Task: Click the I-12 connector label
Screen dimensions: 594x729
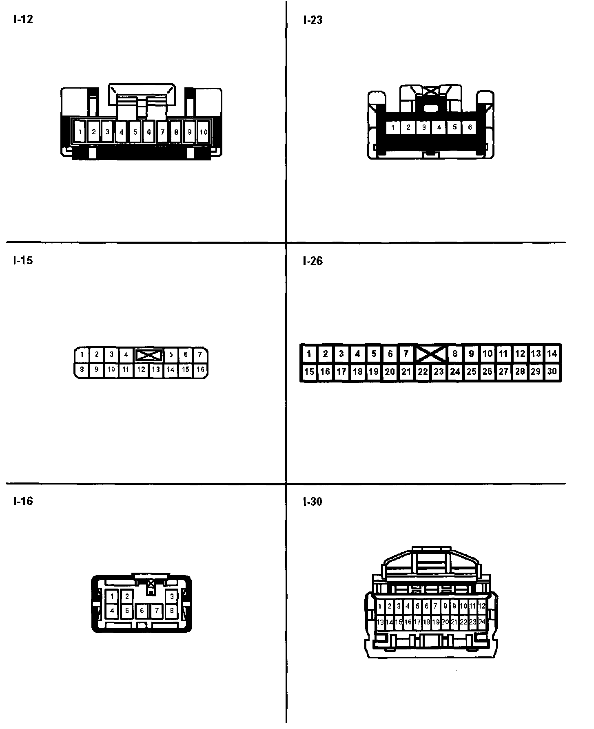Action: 23,20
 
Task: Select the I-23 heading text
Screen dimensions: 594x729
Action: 313,20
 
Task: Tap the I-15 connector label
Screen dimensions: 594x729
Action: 23,260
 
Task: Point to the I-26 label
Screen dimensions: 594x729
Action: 313,261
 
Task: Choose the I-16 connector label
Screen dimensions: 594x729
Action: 23,501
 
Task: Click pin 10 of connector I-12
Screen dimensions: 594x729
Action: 203,132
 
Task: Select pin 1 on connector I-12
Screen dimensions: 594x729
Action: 80,132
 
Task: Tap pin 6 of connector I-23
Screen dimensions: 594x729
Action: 470,127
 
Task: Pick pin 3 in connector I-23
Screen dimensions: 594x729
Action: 424,127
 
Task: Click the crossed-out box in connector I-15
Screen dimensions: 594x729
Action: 148,355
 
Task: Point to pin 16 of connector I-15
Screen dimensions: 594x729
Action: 200,370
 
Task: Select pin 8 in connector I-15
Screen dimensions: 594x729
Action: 82,370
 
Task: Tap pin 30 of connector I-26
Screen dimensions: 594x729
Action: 552,371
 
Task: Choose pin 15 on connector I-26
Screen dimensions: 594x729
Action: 309,371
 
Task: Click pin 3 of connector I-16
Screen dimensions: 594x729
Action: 172,596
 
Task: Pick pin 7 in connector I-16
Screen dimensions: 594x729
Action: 157,611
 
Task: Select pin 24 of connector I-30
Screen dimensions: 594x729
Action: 482,622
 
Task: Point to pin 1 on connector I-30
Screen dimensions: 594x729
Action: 380,607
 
